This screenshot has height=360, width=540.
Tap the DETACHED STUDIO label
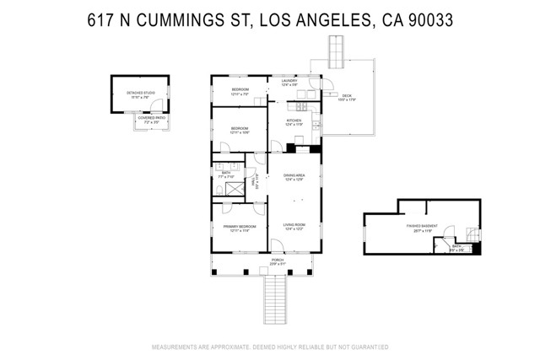tap(135, 95)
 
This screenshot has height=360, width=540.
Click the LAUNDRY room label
tap(290, 81)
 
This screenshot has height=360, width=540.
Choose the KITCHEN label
tap(294, 121)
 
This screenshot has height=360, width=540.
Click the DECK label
tap(346, 97)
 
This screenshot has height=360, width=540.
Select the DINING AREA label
tap(294, 175)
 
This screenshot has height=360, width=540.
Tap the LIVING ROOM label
tap(294, 224)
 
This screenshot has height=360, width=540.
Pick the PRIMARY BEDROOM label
tap(240, 226)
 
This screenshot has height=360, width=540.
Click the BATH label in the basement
tap(455, 247)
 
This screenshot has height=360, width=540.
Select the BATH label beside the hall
tap(226, 175)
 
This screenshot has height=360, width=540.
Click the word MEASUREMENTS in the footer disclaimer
tap(175, 347)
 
